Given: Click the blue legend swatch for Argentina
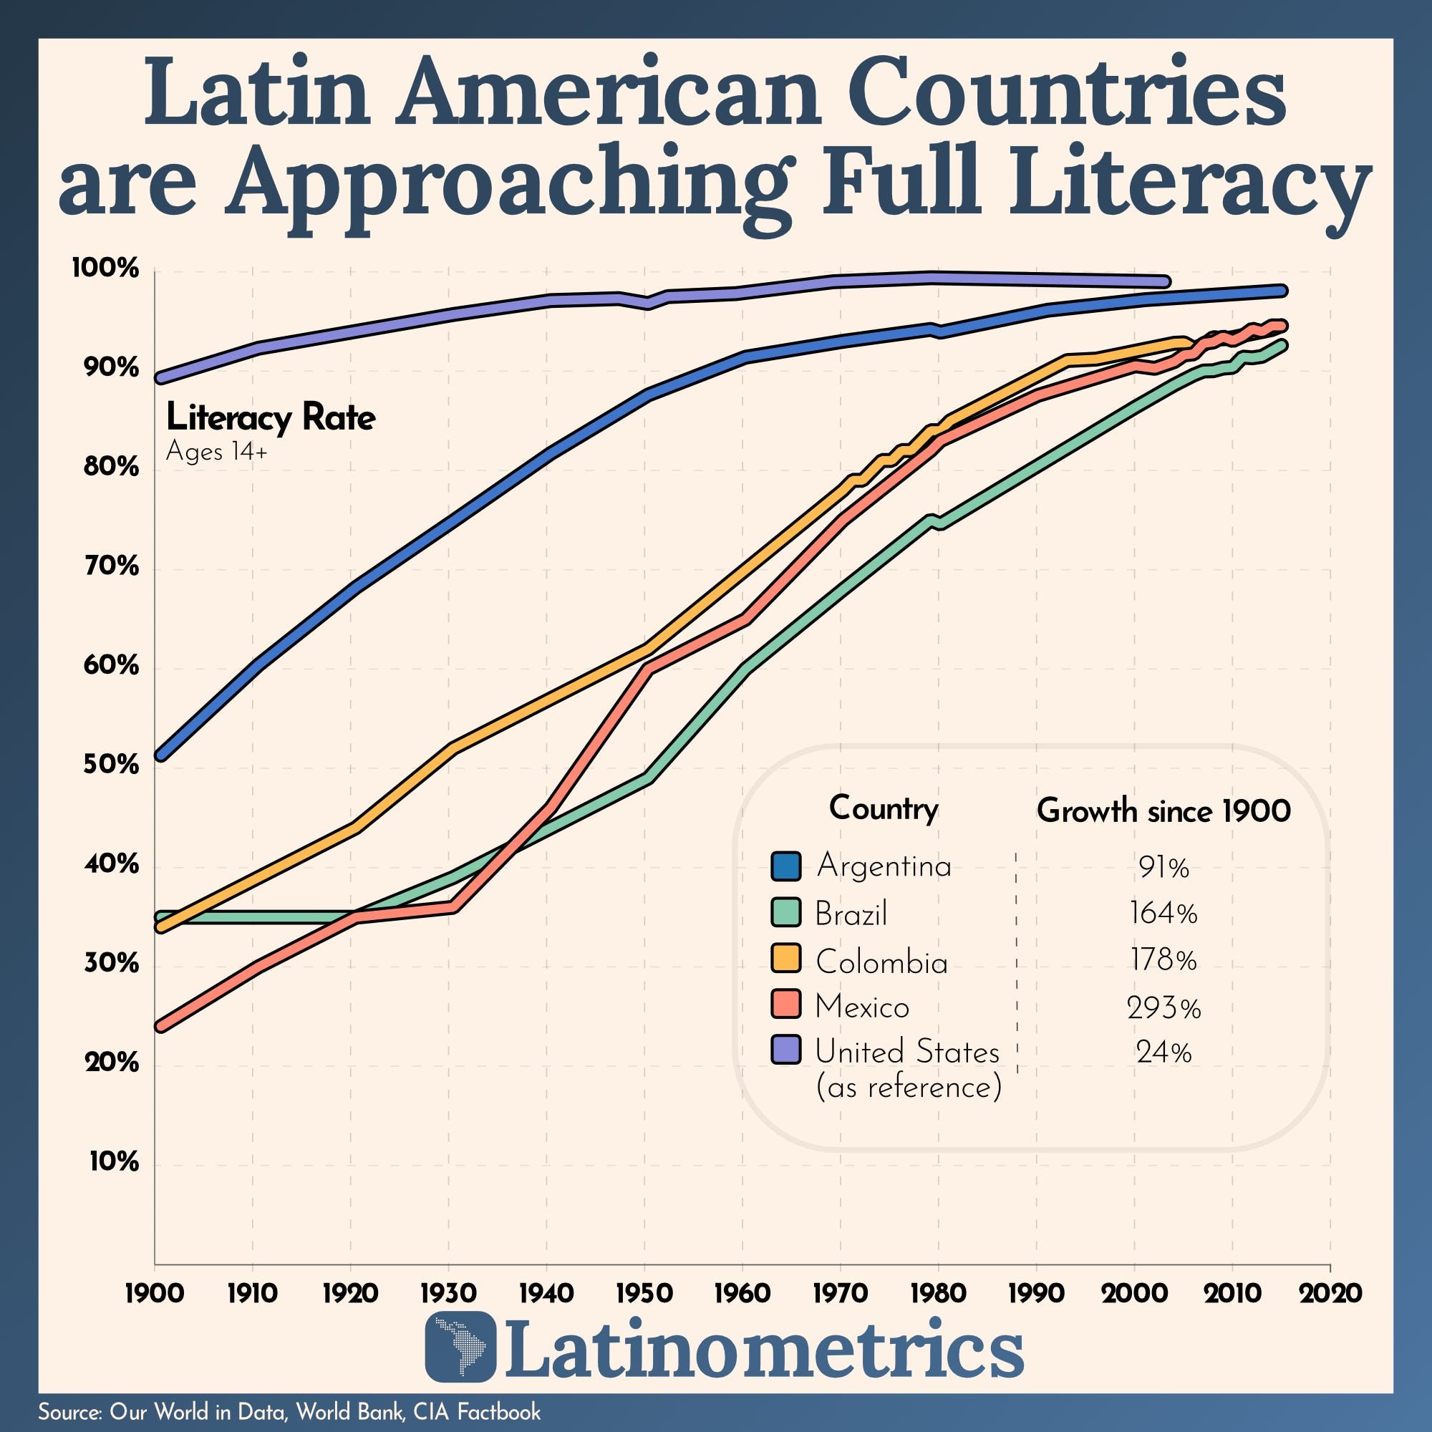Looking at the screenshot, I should coord(785,866).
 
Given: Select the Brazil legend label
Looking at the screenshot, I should coord(850,914).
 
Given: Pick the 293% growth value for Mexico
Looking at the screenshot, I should coord(1163,1008).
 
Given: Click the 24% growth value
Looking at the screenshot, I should coord(1163,1053).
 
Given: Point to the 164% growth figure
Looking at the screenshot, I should coord(1163,914).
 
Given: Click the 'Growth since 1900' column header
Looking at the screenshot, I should coord(1163,811).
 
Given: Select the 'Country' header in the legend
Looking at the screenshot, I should coord(883,808).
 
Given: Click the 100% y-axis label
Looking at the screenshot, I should coord(105,269).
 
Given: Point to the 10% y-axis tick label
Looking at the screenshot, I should coord(114,1162).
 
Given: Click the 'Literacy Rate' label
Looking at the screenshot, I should coord(271,419).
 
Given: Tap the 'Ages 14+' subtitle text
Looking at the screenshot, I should coord(216,451).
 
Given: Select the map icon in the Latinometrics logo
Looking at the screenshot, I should coord(460,1356).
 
